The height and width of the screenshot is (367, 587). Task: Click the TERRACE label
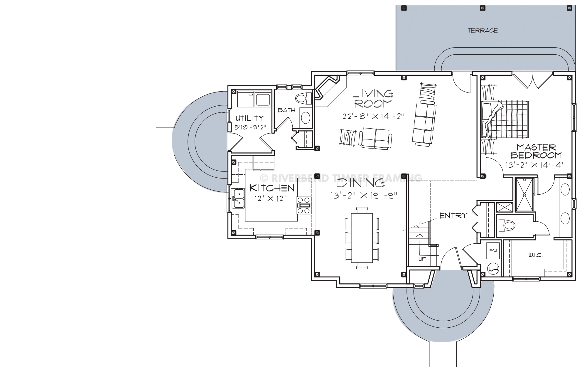(x=483, y=31)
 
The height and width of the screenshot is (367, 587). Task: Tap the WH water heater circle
(x=492, y=268)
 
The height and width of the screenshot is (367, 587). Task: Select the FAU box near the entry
(x=492, y=250)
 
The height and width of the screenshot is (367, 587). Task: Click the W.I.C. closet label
(x=536, y=255)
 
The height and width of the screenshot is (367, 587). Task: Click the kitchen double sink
(x=238, y=198)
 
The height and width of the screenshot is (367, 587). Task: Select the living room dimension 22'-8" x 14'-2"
(x=373, y=116)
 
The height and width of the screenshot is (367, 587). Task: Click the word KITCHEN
(x=272, y=188)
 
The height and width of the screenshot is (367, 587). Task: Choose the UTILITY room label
(x=250, y=118)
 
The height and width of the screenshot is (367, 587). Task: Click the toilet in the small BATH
(x=304, y=99)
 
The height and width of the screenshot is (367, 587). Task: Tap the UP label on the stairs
(x=422, y=259)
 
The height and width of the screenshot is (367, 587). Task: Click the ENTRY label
(x=453, y=216)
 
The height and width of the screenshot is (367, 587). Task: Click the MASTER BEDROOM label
(x=536, y=151)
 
